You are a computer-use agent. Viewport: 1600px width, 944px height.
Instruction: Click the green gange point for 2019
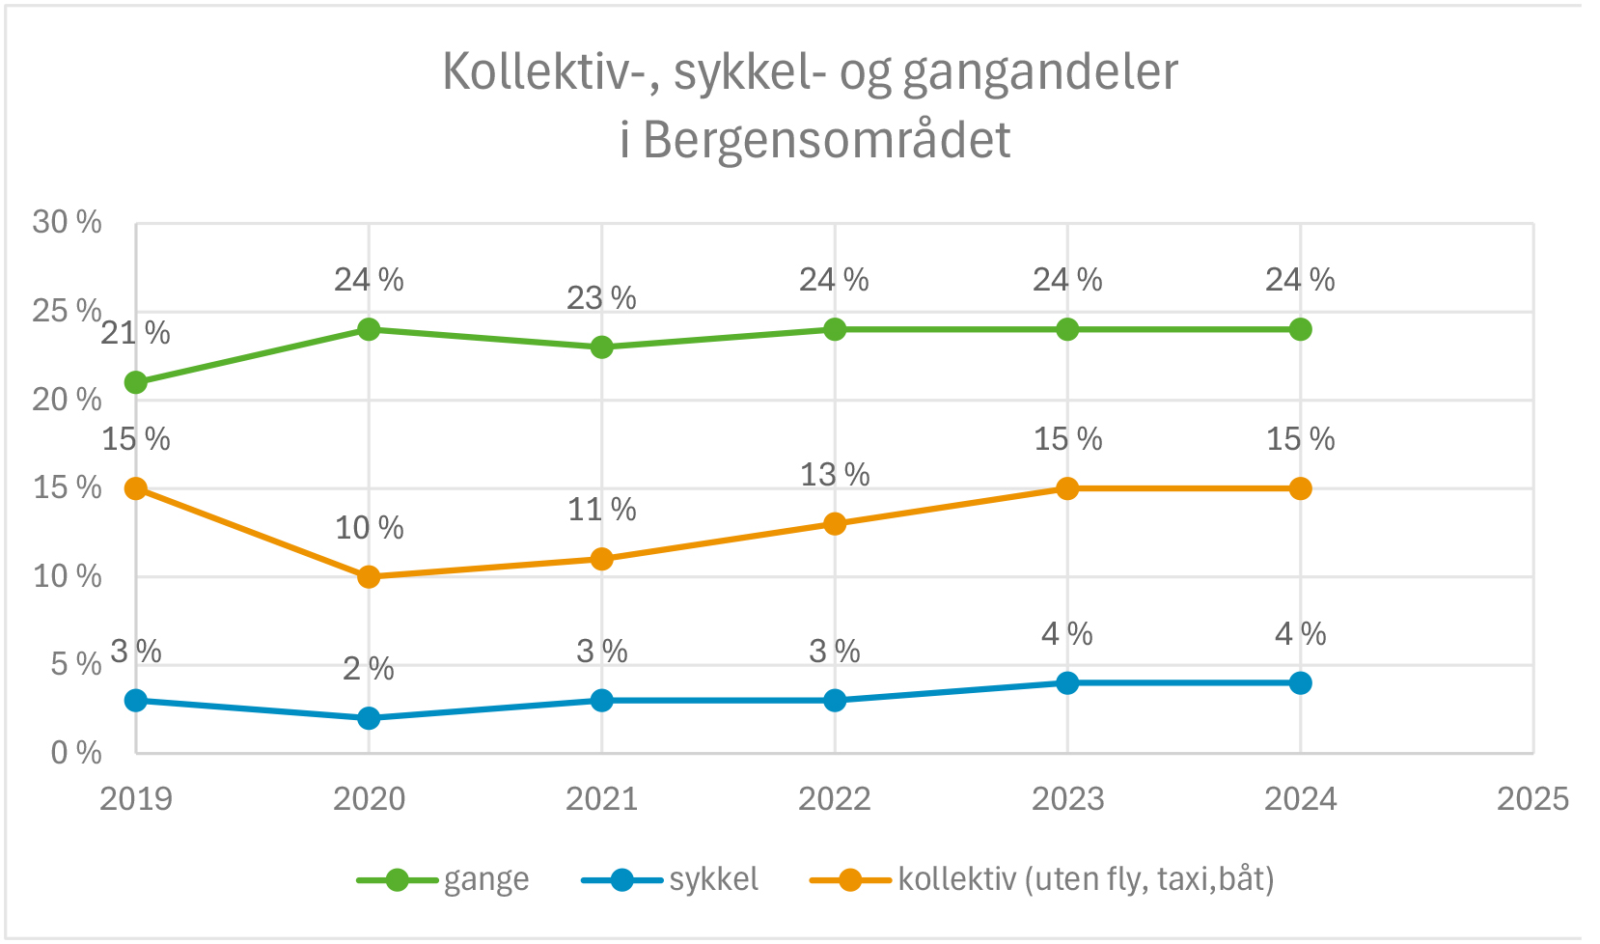coord(136,382)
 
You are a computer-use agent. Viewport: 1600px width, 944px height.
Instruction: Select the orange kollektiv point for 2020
coord(369,577)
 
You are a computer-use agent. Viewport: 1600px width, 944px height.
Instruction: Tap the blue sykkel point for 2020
coord(369,718)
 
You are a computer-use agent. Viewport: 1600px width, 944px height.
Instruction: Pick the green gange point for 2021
coord(601,347)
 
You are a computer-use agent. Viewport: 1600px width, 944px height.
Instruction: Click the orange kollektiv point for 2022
coord(835,524)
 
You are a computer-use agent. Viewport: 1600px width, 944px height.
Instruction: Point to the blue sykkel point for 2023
coord(1067,683)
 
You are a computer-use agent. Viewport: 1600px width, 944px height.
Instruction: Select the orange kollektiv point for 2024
coord(1300,488)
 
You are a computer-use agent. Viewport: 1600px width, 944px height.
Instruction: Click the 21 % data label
coord(135,333)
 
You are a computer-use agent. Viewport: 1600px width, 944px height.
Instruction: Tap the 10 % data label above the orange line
coord(369,528)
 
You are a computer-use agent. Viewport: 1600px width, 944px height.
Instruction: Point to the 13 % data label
coord(835,475)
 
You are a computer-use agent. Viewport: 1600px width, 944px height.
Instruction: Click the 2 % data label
coord(369,669)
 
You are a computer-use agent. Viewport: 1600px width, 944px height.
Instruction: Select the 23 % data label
coord(601,298)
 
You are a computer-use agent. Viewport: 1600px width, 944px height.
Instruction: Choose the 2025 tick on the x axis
coord(1532,799)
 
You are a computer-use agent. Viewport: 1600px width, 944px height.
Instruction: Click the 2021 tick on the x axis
coord(601,799)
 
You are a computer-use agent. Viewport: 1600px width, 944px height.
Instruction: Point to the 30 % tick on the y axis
coord(67,223)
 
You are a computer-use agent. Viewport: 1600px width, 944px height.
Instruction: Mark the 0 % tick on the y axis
coord(76,753)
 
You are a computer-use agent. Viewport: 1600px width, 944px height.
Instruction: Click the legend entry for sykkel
coord(713,879)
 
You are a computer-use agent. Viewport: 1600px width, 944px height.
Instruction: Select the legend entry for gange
coord(485,879)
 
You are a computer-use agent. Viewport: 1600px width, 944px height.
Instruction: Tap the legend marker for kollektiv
coord(850,879)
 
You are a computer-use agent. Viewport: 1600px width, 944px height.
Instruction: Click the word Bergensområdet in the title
coord(827,141)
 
